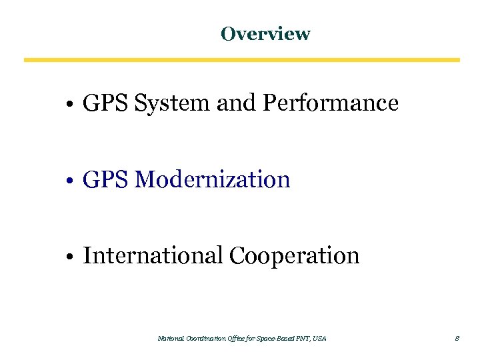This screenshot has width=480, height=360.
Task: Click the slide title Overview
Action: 265,33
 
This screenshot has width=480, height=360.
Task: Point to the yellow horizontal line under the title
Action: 241,60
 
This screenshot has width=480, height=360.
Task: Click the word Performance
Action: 331,103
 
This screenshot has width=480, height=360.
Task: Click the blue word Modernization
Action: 212,179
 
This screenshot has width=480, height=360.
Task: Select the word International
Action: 153,255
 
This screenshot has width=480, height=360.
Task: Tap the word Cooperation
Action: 294,255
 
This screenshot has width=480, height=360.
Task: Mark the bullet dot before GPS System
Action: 69,105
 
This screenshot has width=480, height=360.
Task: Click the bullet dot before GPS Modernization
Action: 69,181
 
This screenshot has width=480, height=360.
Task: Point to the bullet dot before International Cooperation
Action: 69,257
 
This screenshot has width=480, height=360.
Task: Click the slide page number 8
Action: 457,339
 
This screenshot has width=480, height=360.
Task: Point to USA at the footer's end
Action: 319,339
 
